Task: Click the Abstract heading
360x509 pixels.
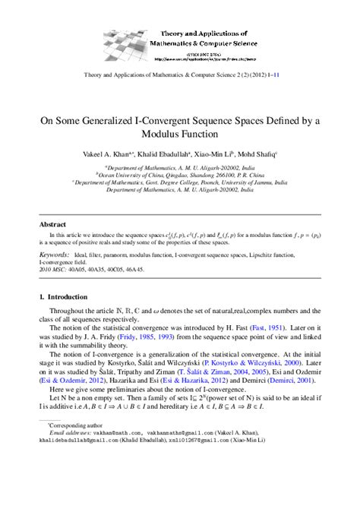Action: [52, 226]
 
